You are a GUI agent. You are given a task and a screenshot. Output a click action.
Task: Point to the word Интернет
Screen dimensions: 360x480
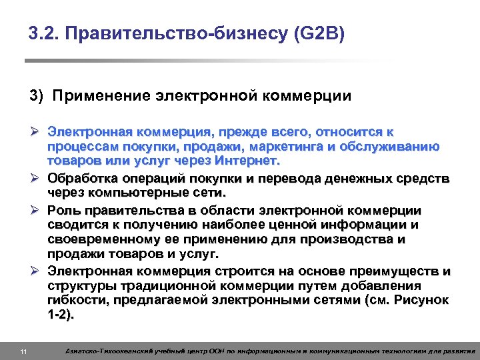click(x=247, y=161)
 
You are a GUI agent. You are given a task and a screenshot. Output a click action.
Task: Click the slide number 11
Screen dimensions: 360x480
click(x=23, y=351)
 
